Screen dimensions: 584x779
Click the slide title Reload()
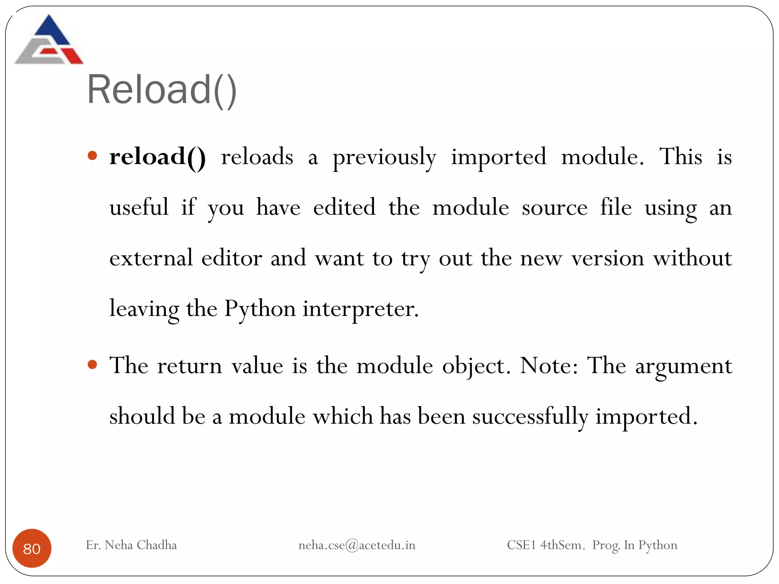[162, 90]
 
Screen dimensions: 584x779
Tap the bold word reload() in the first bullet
[157, 157]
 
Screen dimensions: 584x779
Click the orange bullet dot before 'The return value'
[92, 365]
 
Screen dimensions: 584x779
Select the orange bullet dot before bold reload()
[92, 156]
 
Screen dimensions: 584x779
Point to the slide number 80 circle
[32, 548]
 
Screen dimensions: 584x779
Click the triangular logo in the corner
[49, 40]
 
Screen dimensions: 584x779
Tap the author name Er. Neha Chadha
[131, 545]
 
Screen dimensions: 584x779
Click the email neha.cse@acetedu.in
[357, 545]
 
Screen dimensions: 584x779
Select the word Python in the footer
[658, 545]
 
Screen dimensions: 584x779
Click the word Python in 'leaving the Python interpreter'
[260, 309]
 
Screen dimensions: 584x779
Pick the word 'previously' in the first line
[384, 157]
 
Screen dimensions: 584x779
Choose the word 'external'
[151, 258]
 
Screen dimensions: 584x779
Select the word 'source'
[554, 208]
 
